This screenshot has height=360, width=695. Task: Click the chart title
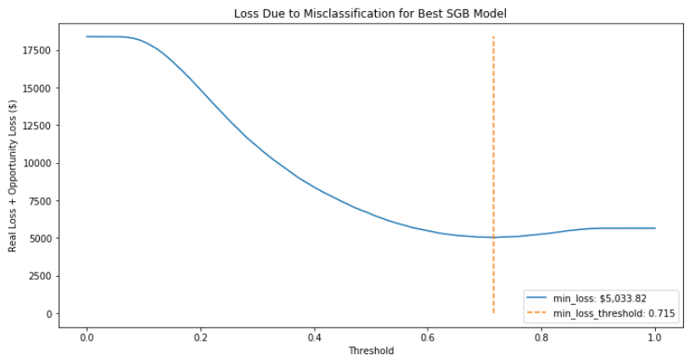(370, 14)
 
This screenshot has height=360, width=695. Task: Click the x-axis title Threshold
(370, 350)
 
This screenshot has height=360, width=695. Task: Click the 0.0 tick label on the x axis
(87, 335)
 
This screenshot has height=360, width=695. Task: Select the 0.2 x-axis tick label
(200, 335)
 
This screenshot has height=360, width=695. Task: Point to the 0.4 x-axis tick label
(314, 335)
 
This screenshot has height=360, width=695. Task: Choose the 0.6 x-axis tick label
(428, 335)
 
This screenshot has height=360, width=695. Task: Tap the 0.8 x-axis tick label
(541, 335)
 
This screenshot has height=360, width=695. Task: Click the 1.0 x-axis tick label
(655, 335)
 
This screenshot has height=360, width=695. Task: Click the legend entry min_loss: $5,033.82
(600, 299)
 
